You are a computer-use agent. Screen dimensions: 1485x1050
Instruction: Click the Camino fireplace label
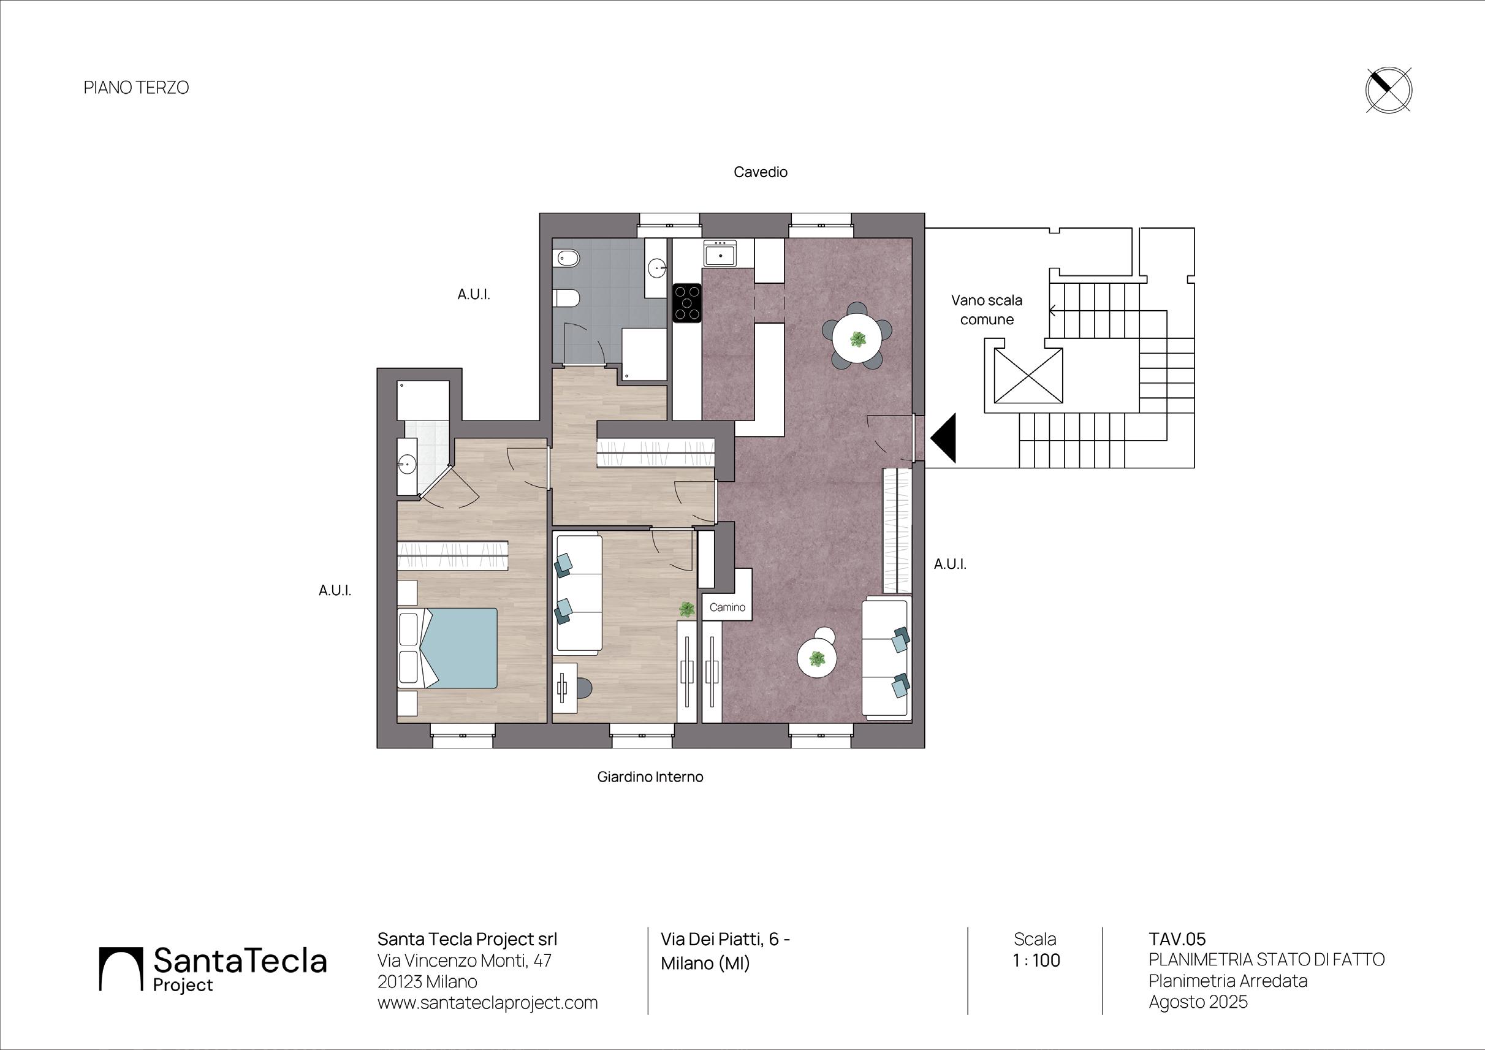[x=727, y=607]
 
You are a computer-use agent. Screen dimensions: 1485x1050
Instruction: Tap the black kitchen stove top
[x=687, y=303]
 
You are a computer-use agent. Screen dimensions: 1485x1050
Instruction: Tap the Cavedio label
[x=760, y=172]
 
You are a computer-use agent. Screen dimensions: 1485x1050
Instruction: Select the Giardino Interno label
[x=650, y=777]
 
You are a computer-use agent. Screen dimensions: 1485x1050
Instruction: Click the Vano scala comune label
[x=986, y=310]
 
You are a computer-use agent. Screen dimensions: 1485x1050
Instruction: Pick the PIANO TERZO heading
[x=136, y=87]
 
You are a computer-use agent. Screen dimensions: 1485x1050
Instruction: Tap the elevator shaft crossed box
[x=1028, y=375]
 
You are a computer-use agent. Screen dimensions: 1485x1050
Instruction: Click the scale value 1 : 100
[x=1036, y=961]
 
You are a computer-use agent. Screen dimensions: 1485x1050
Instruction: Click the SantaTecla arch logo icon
[x=120, y=968]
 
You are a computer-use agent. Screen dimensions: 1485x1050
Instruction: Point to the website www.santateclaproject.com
[x=487, y=1003]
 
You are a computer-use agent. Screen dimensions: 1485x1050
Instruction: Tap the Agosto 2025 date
[x=1198, y=1002]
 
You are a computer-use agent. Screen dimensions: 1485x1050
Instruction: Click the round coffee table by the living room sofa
[x=817, y=660]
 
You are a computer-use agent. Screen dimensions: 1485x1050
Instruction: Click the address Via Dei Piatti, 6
[x=724, y=940]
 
